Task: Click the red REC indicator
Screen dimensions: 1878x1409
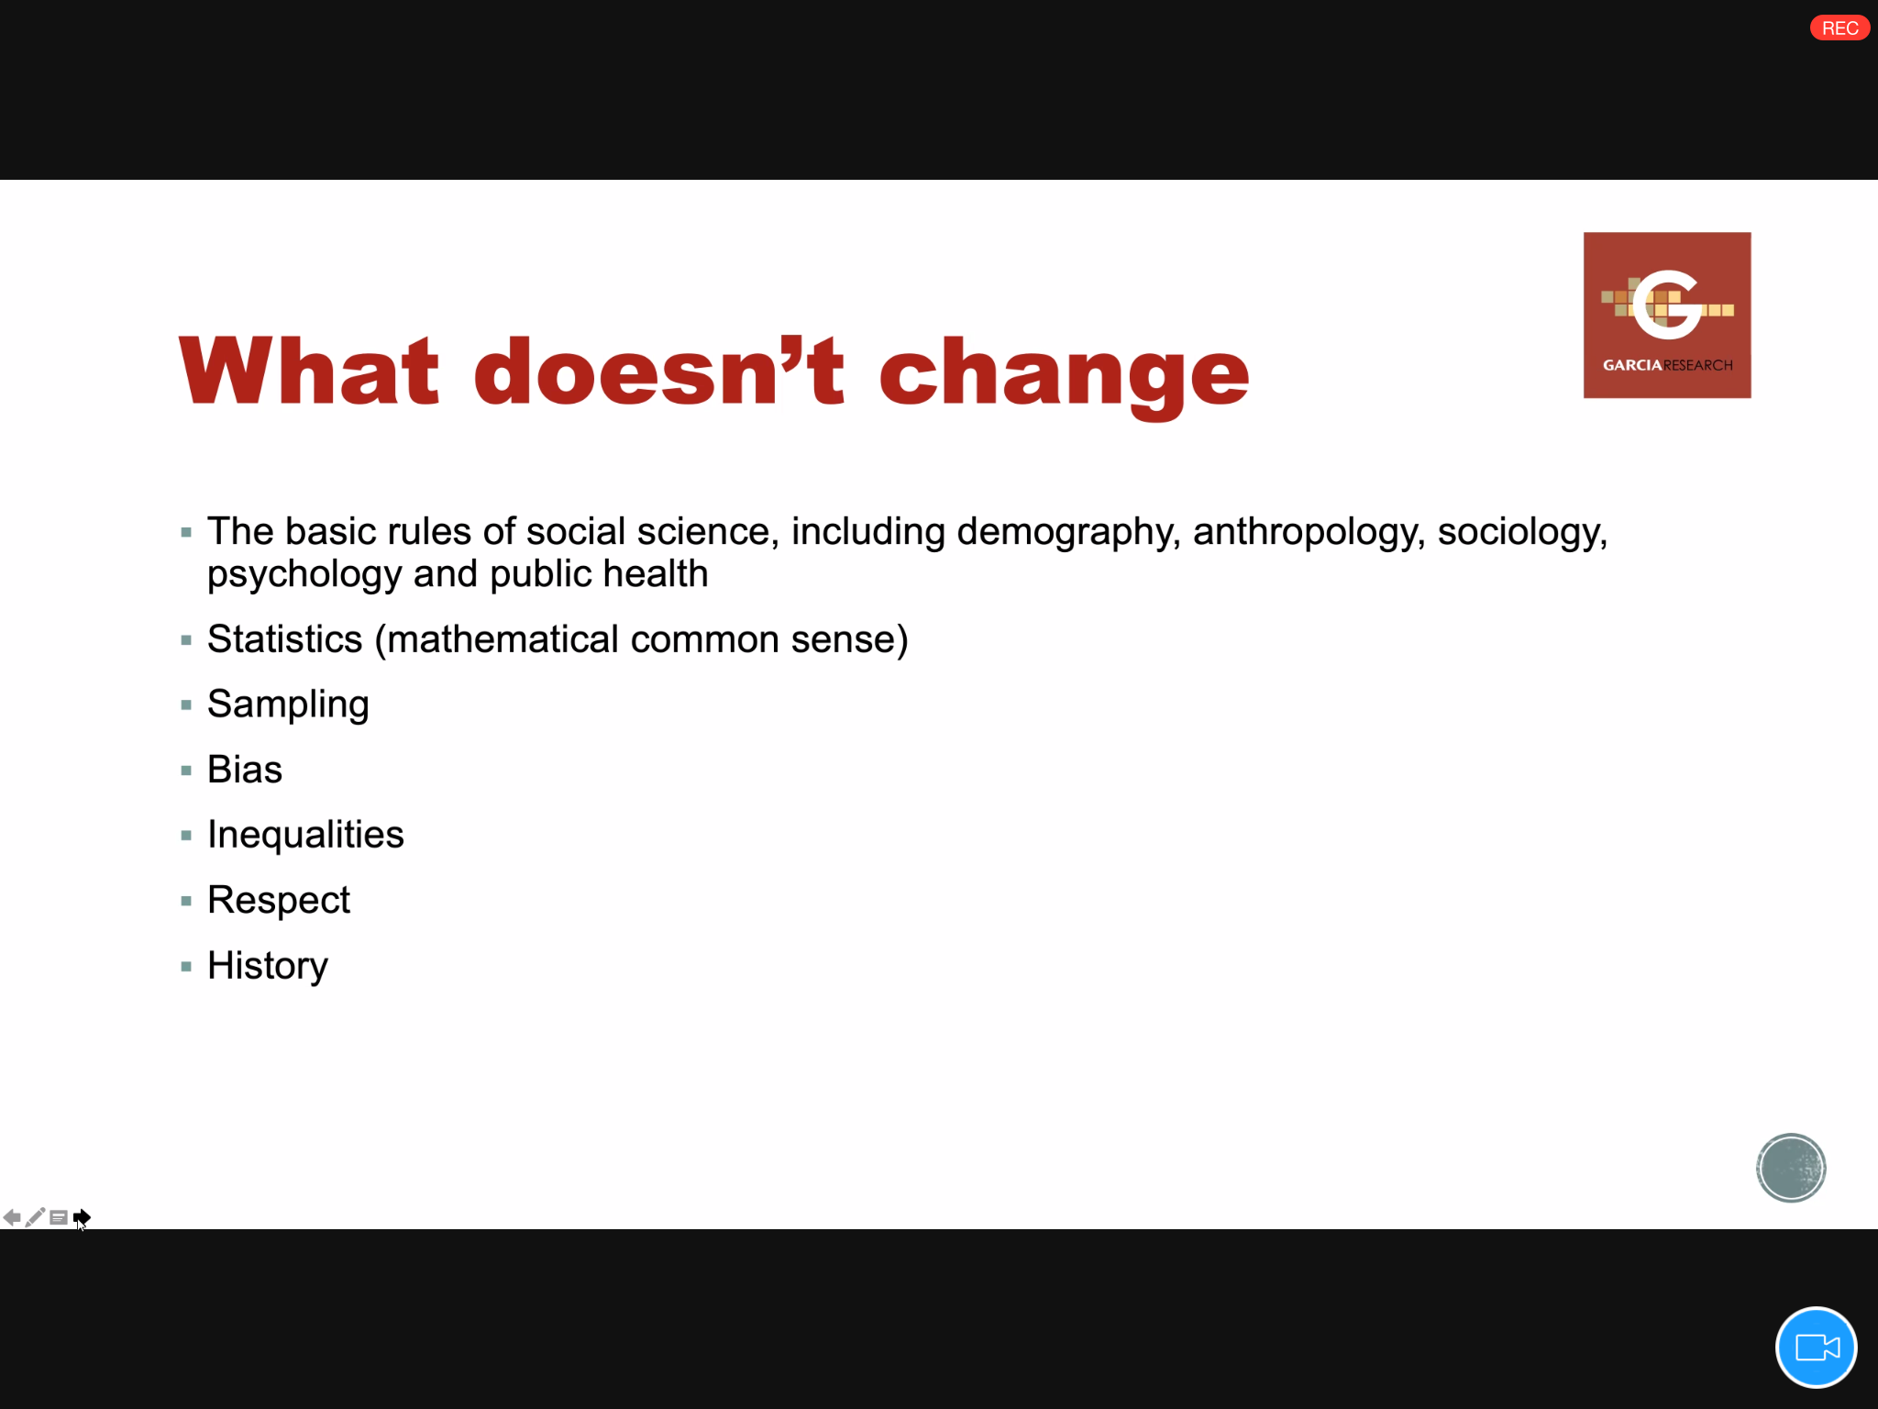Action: pyautogui.click(x=1839, y=28)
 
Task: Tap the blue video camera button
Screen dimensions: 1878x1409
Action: pyautogui.click(x=1816, y=1348)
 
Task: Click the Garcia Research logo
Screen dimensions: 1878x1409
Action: pyautogui.click(x=1667, y=315)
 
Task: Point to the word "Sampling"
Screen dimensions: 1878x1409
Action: pyautogui.click(x=288, y=704)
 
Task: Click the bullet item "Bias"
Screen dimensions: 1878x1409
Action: pyautogui.click(x=245, y=770)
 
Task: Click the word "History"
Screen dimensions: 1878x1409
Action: pyautogui.click(x=268, y=966)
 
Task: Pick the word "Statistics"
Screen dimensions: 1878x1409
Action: pyautogui.click(x=285, y=639)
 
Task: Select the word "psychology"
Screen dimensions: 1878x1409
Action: pyautogui.click(x=304, y=575)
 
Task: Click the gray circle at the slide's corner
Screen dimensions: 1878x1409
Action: pyautogui.click(x=1791, y=1168)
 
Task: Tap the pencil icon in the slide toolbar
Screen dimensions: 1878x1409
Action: pyautogui.click(x=35, y=1217)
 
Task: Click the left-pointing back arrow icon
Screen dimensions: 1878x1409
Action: pyautogui.click(x=12, y=1217)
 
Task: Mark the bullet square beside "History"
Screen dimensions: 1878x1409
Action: pyautogui.click(x=186, y=966)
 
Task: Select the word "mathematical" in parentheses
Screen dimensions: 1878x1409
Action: pyautogui.click(x=503, y=639)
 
